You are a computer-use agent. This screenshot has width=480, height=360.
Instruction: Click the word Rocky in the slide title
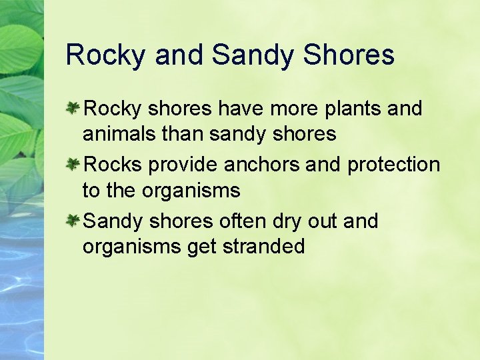click(105, 55)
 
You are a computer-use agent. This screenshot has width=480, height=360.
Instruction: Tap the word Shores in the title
click(349, 55)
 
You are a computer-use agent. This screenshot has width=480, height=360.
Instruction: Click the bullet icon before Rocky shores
click(73, 108)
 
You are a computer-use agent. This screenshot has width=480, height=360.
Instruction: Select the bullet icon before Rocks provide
click(73, 164)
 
